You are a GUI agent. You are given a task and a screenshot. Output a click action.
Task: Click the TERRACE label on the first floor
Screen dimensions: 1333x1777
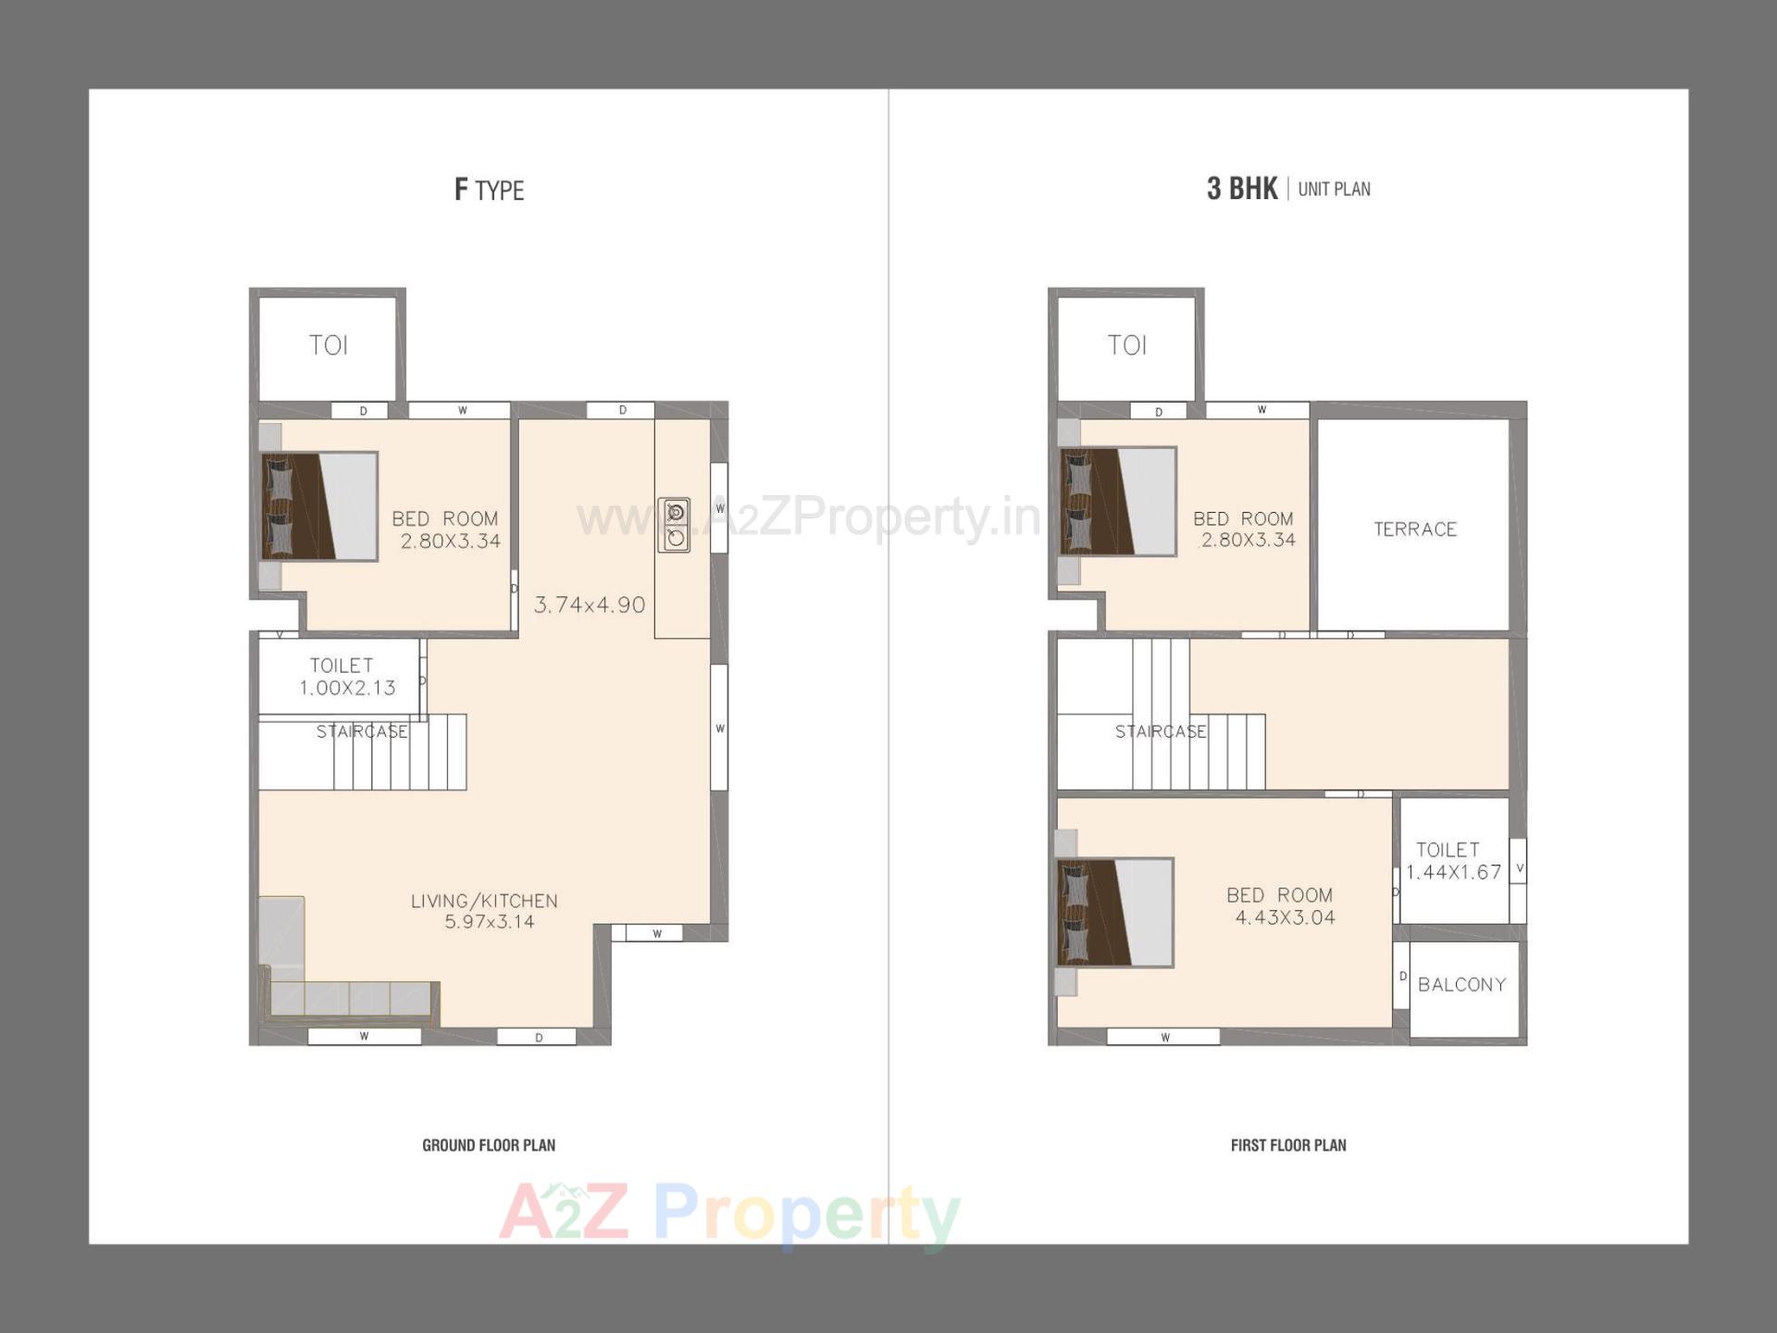pyautogui.click(x=1415, y=529)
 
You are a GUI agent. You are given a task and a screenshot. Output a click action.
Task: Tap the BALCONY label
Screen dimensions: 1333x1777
pyautogui.click(x=1461, y=985)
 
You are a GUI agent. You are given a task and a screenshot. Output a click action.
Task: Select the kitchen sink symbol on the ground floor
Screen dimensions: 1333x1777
pyautogui.click(x=675, y=525)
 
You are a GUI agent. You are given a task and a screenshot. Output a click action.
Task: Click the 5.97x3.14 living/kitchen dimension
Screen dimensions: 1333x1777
pyautogui.click(x=490, y=922)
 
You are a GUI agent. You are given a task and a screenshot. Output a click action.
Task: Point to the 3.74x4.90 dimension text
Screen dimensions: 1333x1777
pyautogui.click(x=590, y=605)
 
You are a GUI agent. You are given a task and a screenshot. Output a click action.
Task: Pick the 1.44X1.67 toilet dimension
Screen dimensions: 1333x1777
pyautogui.click(x=1453, y=872)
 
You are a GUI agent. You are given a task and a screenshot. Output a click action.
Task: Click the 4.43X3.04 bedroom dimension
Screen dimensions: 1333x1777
pyautogui.click(x=1286, y=917)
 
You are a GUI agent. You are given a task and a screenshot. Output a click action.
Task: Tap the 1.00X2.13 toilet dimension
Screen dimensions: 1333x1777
pyautogui.click(x=347, y=688)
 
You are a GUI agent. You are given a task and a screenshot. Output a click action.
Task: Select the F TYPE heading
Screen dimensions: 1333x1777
pyautogui.click(x=489, y=190)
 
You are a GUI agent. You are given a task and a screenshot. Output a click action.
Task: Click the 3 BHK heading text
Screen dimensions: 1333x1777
pyautogui.click(x=1241, y=189)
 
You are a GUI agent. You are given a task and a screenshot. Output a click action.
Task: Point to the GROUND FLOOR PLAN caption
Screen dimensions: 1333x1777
pyautogui.click(x=489, y=1145)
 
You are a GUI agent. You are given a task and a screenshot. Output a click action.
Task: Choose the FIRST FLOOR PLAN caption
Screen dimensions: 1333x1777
pyautogui.click(x=1288, y=1145)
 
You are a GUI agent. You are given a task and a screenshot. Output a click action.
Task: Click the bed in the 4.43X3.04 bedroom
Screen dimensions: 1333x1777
pyautogui.click(x=1115, y=913)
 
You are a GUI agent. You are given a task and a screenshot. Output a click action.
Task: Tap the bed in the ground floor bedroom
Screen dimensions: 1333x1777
pyautogui.click(x=319, y=506)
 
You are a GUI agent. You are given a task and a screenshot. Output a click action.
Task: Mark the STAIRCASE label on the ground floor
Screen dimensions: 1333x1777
pyautogui.click(x=362, y=732)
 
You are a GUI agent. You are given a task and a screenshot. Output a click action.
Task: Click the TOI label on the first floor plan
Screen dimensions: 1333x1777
pyautogui.click(x=1126, y=345)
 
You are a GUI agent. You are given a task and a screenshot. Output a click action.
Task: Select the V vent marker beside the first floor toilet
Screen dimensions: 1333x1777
pyautogui.click(x=1519, y=868)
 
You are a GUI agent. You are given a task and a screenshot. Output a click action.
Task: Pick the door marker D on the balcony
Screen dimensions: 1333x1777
pyautogui.click(x=1402, y=977)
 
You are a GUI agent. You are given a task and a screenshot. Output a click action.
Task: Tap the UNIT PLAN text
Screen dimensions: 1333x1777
pyautogui.click(x=1334, y=190)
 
